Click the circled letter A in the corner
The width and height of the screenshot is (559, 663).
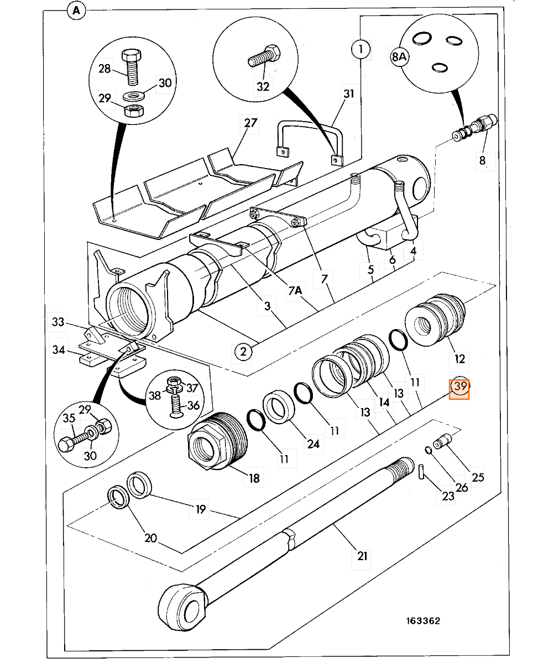pyautogui.click(x=76, y=11)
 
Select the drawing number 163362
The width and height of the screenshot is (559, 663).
pyautogui.click(x=423, y=621)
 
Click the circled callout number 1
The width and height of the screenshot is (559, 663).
pyautogui.click(x=361, y=49)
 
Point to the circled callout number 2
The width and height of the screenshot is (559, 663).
pyautogui.click(x=243, y=351)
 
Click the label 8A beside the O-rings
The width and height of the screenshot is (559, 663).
pyautogui.click(x=399, y=56)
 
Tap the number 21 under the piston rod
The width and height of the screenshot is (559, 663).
pyautogui.click(x=362, y=556)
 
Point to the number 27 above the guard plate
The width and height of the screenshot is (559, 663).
pyautogui.click(x=250, y=123)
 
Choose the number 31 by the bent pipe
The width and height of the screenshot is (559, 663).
pyautogui.click(x=349, y=93)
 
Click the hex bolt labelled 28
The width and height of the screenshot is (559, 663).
pyautogui.click(x=132, y=67)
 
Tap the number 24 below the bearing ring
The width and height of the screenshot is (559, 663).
pyautogui.click(x=314, y=443)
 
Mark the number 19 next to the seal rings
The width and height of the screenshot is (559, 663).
pyautogui.click(x=200, y=509)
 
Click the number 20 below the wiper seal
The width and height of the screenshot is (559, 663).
pyautogui.click(x=150, y=538)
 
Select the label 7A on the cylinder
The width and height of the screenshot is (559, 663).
pyautogui.click(x=295, y=290)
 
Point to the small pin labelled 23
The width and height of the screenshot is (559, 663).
pyautogui.click(x=421, y=472)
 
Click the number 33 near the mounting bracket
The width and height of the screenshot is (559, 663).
pyautogui.click(x=58, y=322)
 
